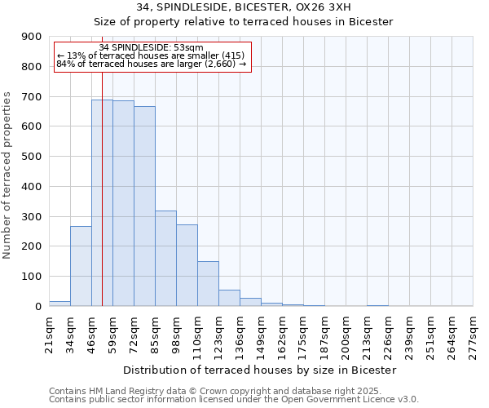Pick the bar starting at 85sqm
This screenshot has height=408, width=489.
(x=165, y=258)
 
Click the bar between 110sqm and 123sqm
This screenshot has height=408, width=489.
(x=208, y=283)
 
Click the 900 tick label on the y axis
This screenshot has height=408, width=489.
(x=30, y=37)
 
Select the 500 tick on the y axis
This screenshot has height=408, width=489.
(x=30, y=157)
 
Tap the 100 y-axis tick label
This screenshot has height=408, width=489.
(x=30, y=277)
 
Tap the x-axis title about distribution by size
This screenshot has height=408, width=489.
(x=260, y=370)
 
